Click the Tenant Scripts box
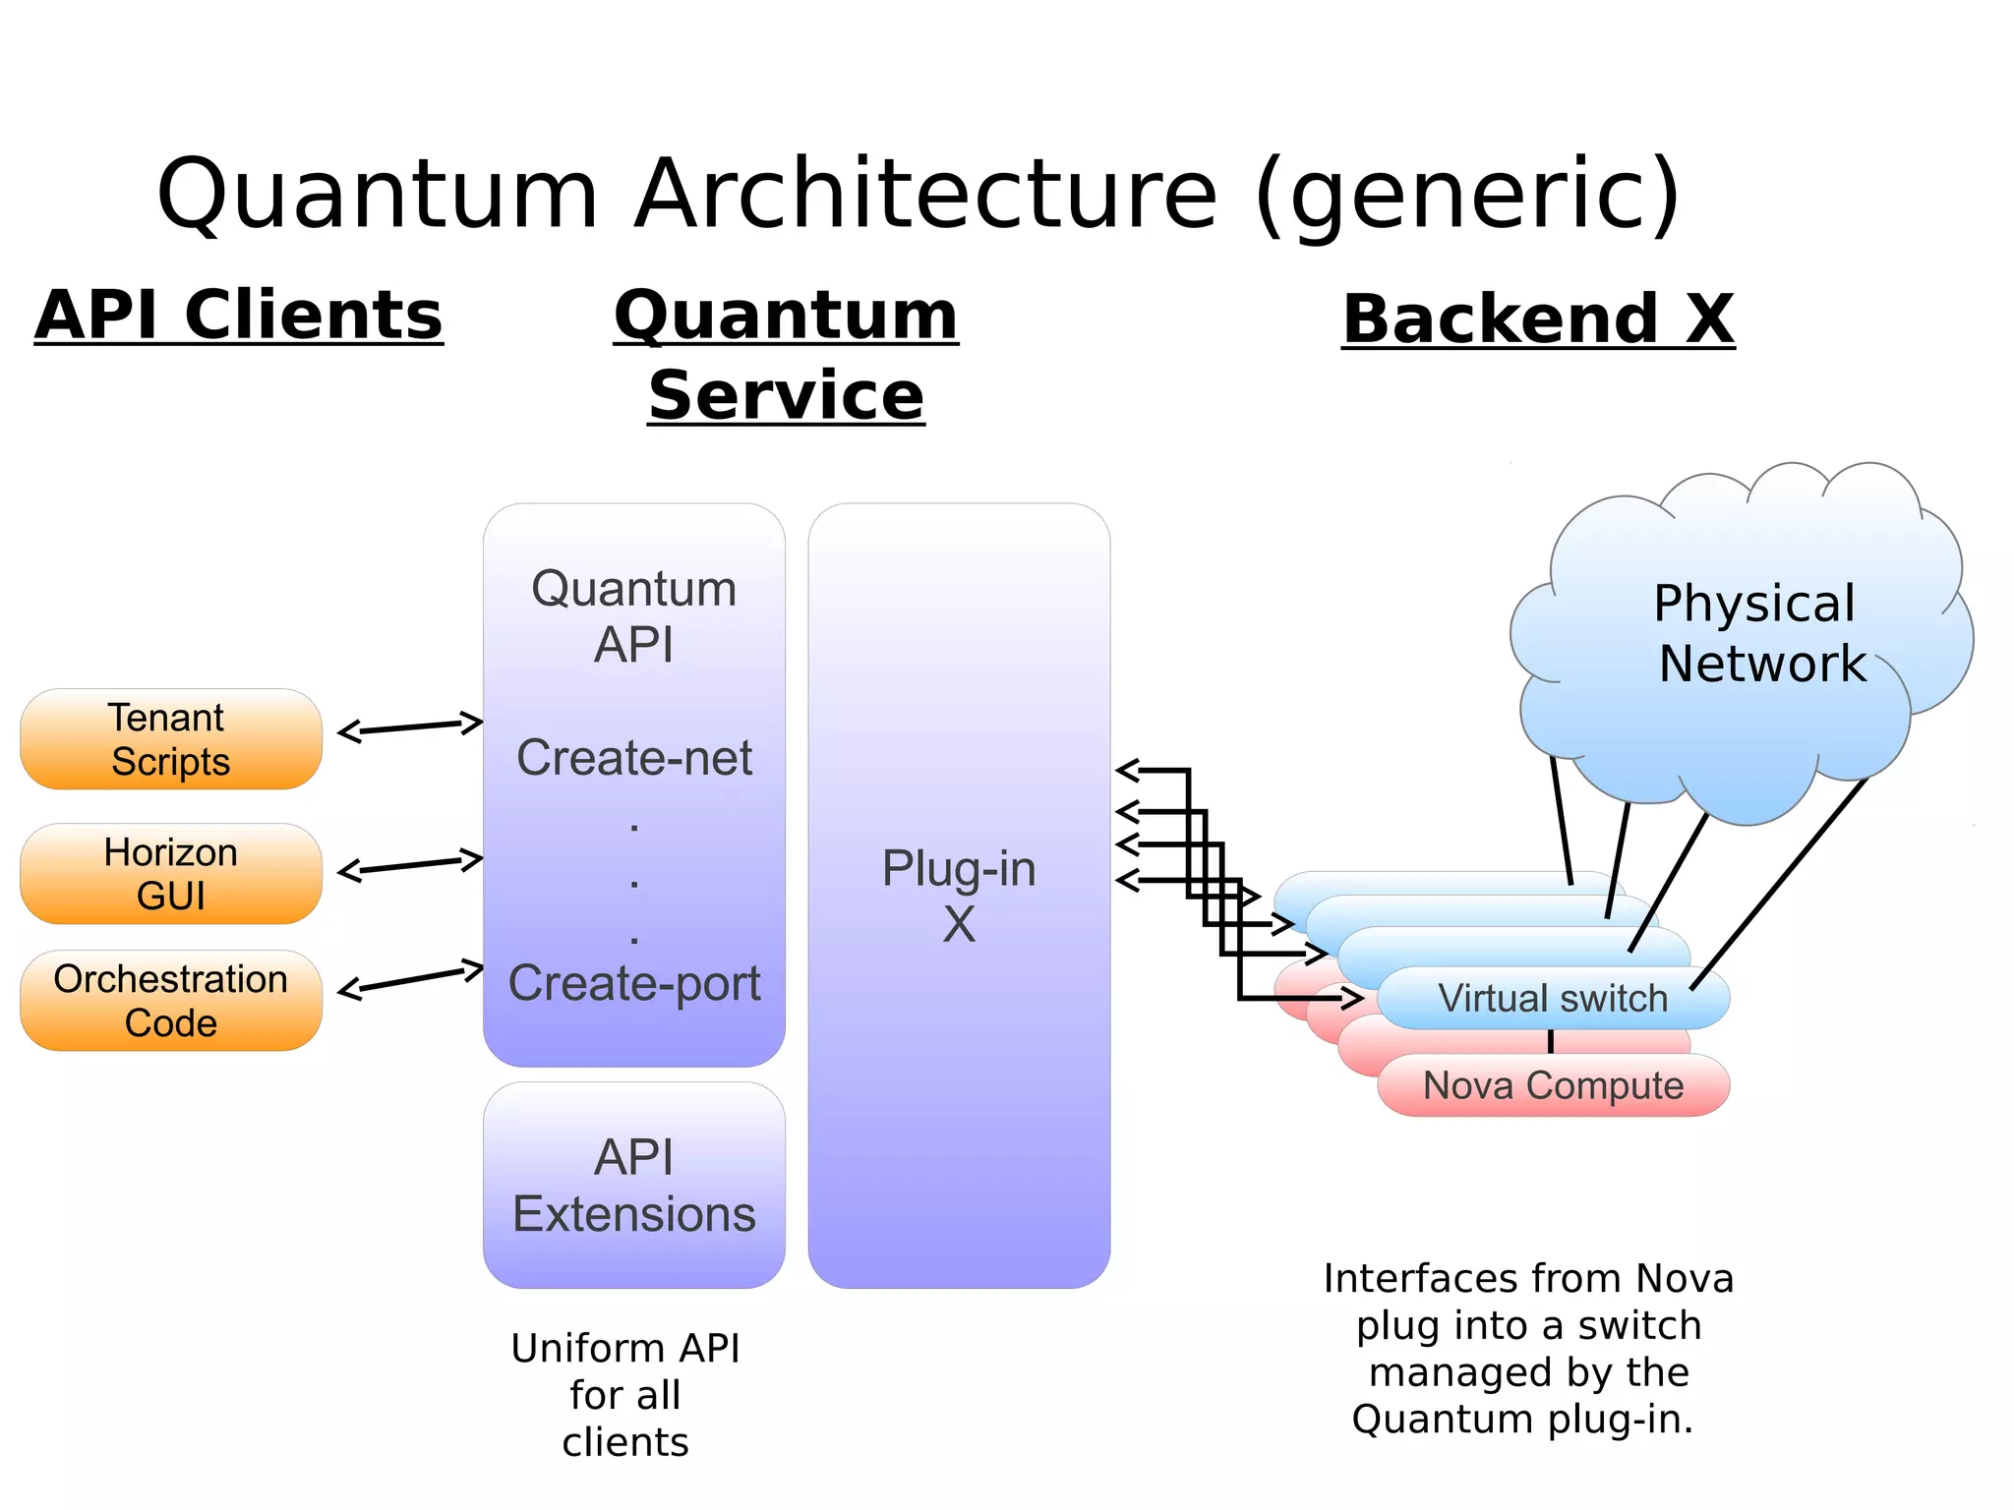pyautogui.click(x=171, y=739)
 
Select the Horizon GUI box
pyautogui.click(x=171, y=874)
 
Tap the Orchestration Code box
pyautogui.click(x=171, y=1001)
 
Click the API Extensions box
pyautogui.click(x=634, y=1186)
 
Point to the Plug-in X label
pyautogui.click(x=959, y=896)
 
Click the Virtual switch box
pyautogui.click(x=1553, y=999)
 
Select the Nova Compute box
pyautogui.click(x=1553, y=1085)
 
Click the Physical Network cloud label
pyautogui.click(x=1758, y=633)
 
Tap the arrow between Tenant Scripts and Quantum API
pyautogui.click(x=410, y=727)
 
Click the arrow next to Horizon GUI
pyautogui.click(x=410, y=865)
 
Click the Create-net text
pyautogui.click(x=634, y=758)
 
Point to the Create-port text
pyautogui.click(x=634, y=983)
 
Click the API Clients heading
pyautogui.click(x=239, y=316)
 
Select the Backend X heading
pyautogui.click(x=1538, y=319)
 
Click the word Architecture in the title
pyautogui.click(x=925, y=194)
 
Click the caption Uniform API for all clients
pyautogui.click(x=625, y=1395)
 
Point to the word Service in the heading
pyautogui.click(x=786, y=395)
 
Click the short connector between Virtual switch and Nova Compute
pyautogui.click(x=1551, y=1041)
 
